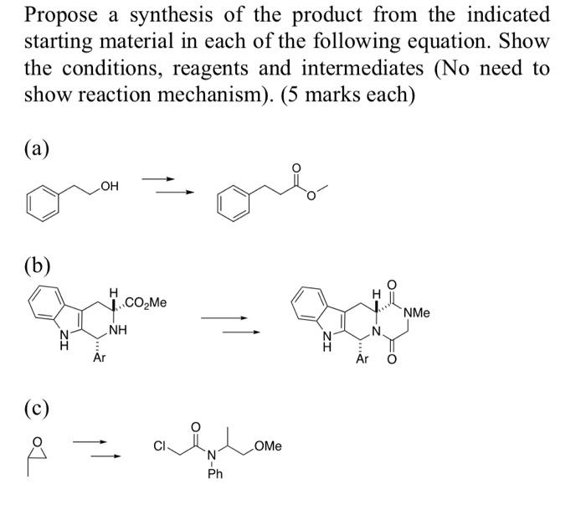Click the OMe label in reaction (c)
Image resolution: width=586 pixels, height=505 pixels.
click(x=267, y=446)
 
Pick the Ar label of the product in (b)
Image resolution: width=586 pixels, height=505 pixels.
click(x=362, y=359)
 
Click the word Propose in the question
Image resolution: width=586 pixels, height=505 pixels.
click(x=62, y=16)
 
